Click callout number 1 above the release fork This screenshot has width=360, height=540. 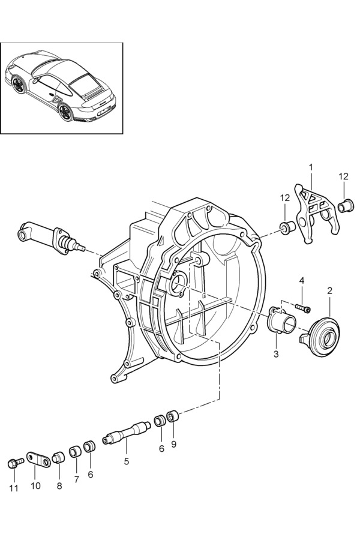pos(311,166)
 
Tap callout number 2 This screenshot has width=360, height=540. pos(330,291)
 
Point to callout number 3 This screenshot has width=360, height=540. pos(276,354)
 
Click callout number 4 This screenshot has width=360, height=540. pos(302,281)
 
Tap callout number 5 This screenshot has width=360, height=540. pos(127,461)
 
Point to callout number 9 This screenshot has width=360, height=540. pos(174,445)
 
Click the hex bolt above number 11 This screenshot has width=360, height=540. pos(14,463)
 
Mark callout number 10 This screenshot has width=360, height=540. pos(35,486)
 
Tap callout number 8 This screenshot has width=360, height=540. pos(59,486)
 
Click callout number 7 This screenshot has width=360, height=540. pos(76,479)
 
